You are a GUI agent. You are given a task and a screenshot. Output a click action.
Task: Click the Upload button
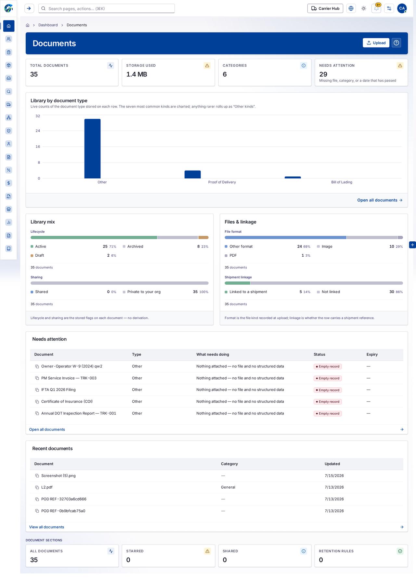click(376, 43)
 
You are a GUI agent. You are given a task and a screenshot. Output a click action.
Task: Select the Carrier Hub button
click(325, 8)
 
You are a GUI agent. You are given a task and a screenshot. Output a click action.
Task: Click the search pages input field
click(107, 8)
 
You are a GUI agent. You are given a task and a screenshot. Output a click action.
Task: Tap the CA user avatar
click(402, 8)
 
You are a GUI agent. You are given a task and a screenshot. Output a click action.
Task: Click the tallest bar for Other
click(93, 148)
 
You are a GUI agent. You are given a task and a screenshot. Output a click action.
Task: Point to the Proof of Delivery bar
click(193, 174)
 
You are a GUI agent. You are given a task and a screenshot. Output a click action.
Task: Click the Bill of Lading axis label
click(342, 182)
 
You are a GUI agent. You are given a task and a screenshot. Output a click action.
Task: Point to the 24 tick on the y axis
click(38, 131)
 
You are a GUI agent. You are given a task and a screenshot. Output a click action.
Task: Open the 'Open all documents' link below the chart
click(380, 200)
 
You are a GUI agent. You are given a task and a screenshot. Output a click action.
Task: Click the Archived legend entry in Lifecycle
click(135, 247)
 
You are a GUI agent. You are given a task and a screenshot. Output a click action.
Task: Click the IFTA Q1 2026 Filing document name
click(58, 390)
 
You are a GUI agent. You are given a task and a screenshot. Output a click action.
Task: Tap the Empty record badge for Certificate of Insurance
click(328, 402)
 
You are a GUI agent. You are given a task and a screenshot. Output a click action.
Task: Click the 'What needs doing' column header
click(213, 354)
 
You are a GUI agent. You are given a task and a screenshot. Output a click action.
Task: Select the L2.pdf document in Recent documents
click(47, 487)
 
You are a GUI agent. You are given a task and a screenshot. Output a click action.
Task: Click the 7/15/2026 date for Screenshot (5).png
click(334, 476)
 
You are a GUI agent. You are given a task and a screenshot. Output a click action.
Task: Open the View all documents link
click(46, 527)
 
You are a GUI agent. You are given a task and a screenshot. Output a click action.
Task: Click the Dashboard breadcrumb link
click(48, 25)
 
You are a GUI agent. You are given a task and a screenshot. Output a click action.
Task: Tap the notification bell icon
click(376, 8)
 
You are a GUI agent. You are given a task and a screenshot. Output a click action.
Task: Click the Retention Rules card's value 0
click(321, 560)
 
